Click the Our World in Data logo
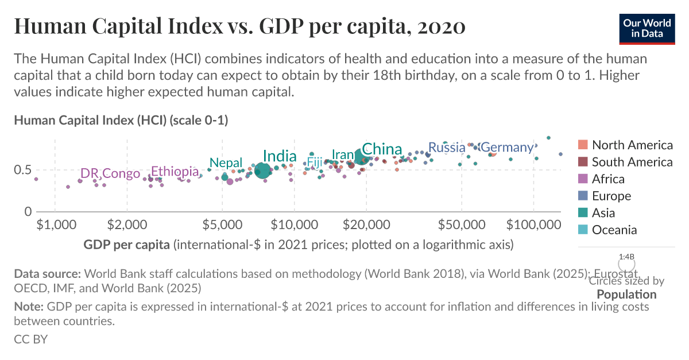(647, 27)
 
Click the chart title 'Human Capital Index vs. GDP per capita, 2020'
(239, 27)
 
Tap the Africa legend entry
(616, 179)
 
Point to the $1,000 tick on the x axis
(55, 223)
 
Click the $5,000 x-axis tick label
(222, 223)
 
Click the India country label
(280, 156)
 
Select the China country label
(382, 149)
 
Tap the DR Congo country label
(110, 173)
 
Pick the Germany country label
(506, 148)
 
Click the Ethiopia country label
(175, 171)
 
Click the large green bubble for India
(263, 171)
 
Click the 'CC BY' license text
(30, 339)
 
